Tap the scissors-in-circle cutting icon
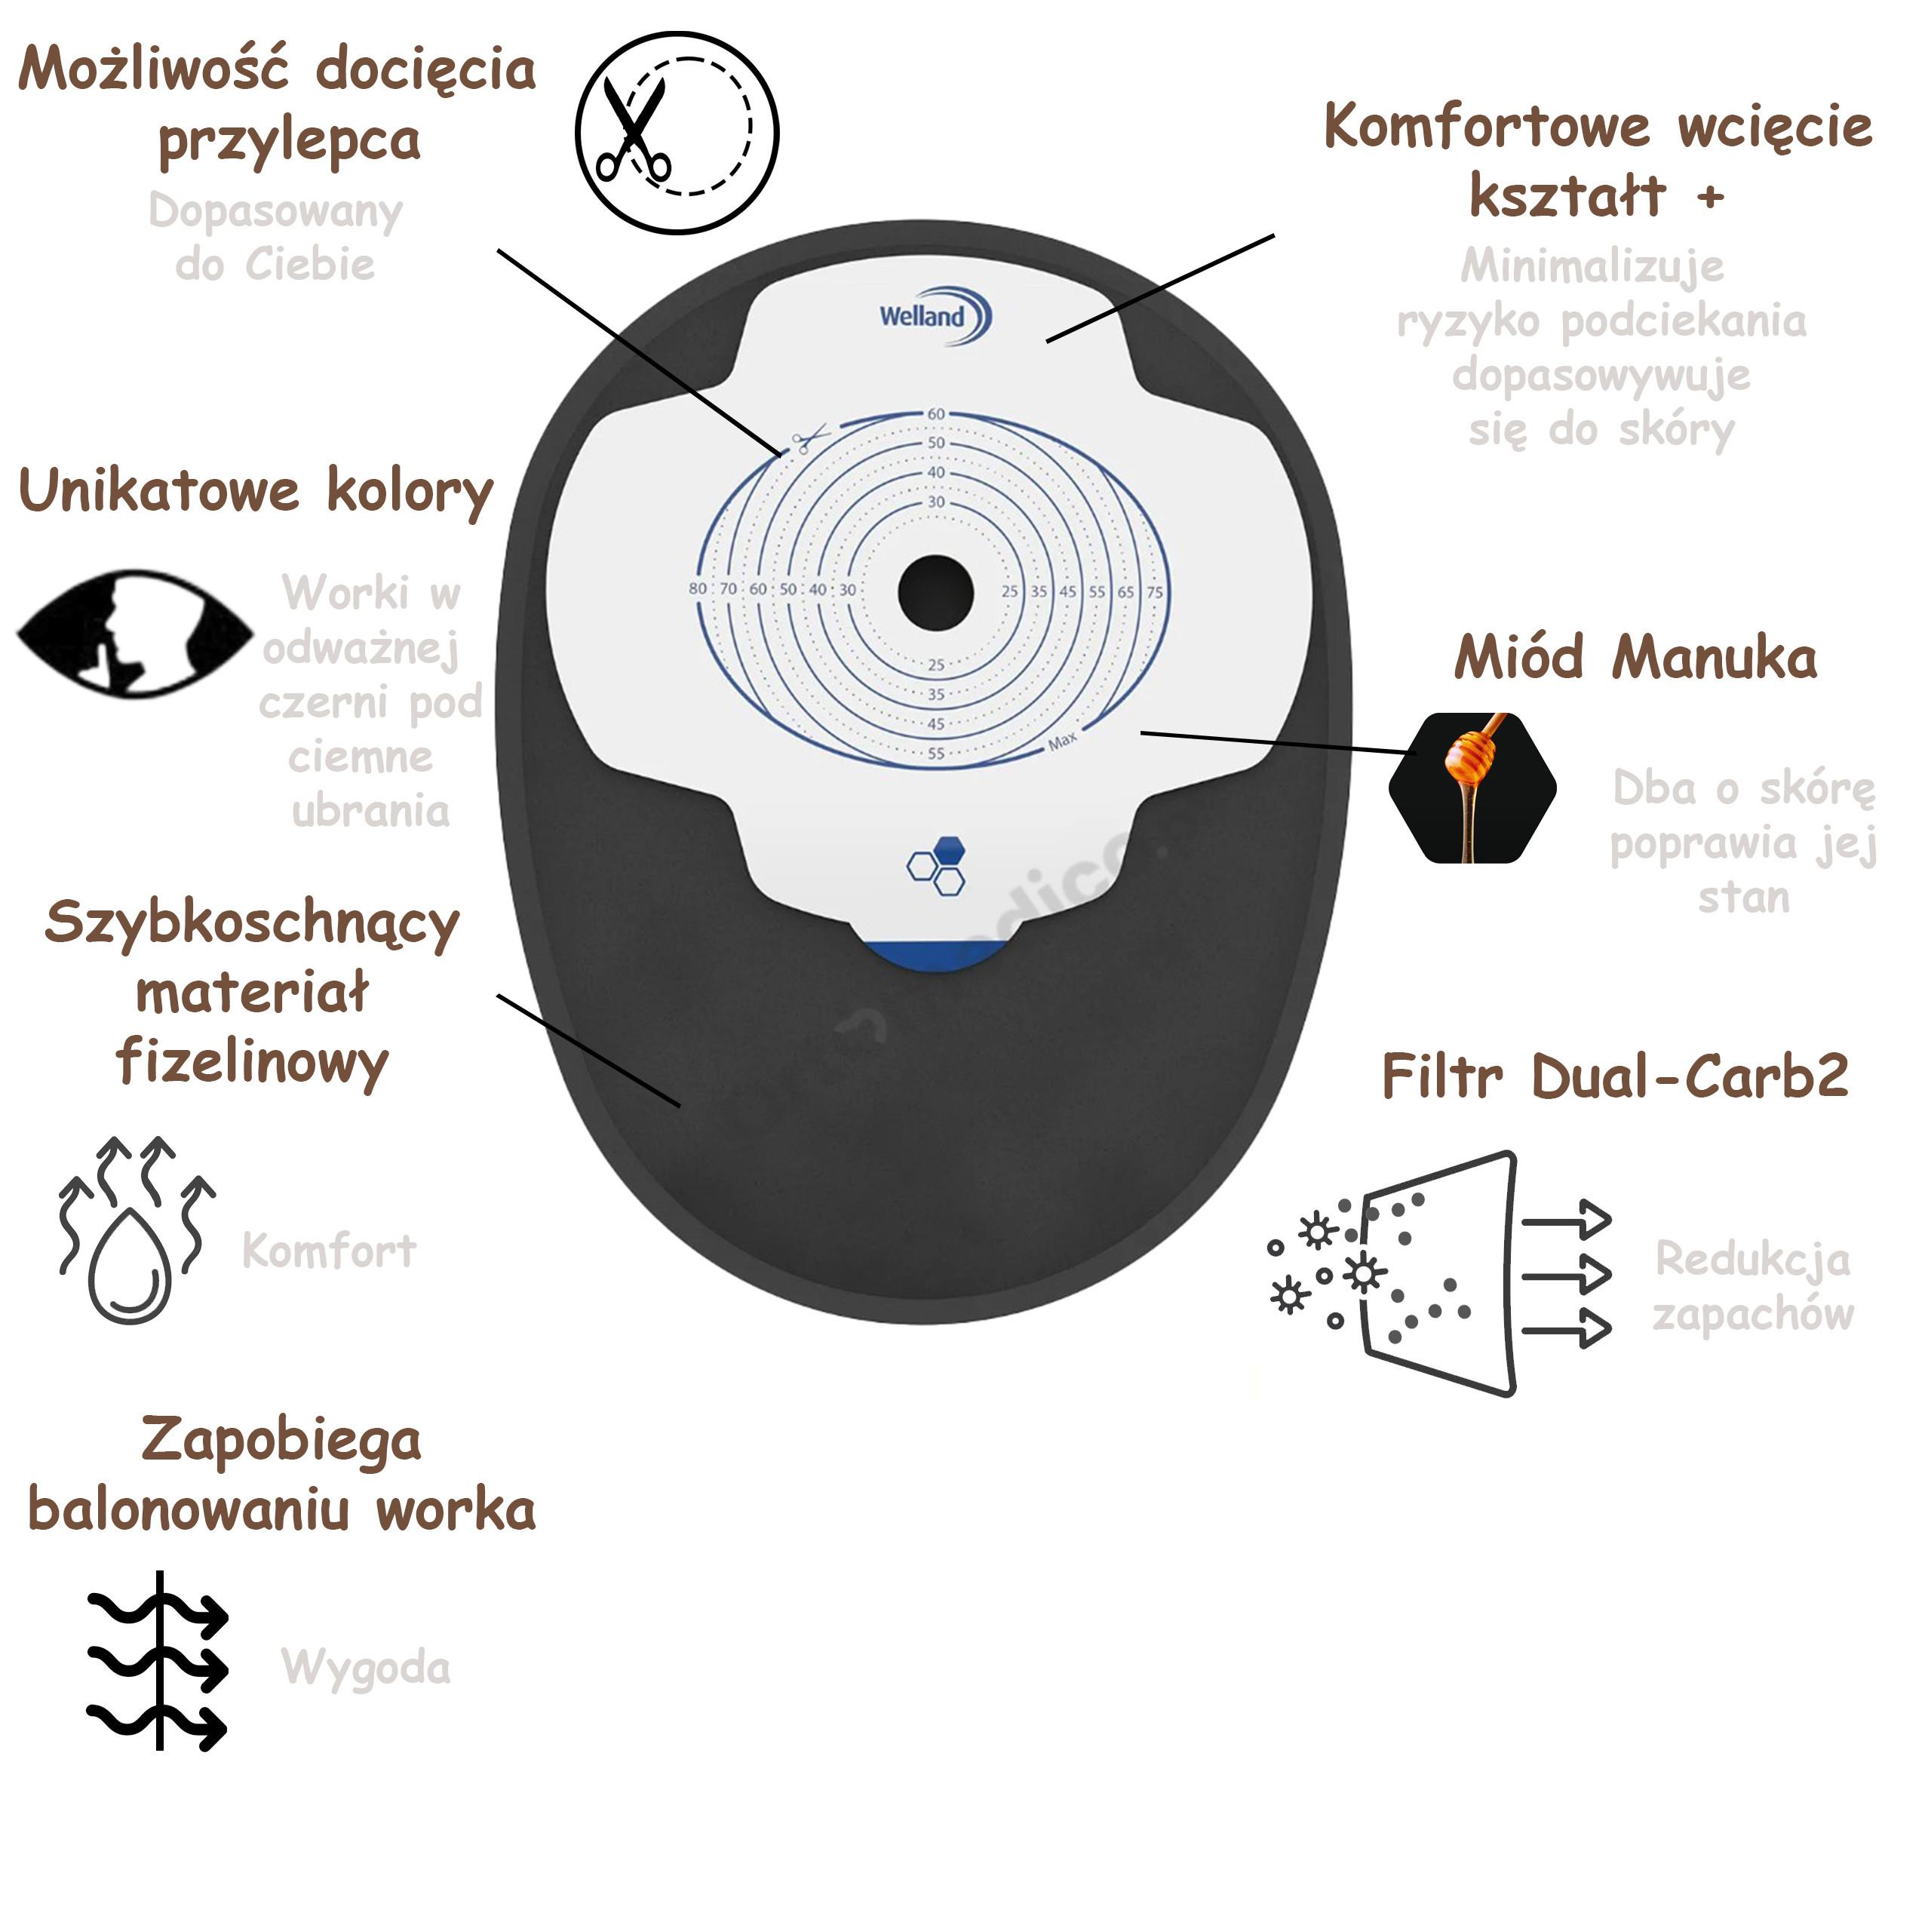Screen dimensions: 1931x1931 [677, 132]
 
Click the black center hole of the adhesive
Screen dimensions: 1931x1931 [935, 594]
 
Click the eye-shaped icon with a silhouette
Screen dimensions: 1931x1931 [135, 634]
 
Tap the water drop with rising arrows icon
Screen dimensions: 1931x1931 [136, 1231]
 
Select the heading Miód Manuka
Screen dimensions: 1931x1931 [1635, 658]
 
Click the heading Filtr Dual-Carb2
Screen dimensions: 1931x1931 [1615, 1076]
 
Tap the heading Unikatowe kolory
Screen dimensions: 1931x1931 [256, 493]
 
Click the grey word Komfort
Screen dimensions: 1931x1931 [329, 1251]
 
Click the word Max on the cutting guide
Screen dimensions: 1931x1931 [1063, 741]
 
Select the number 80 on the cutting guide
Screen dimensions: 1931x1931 [698, 588]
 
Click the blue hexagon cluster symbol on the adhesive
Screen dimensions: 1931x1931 [937, 865]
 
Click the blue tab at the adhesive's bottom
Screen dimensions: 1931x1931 [935, 954]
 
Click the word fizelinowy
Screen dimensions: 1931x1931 [252, 1063]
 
